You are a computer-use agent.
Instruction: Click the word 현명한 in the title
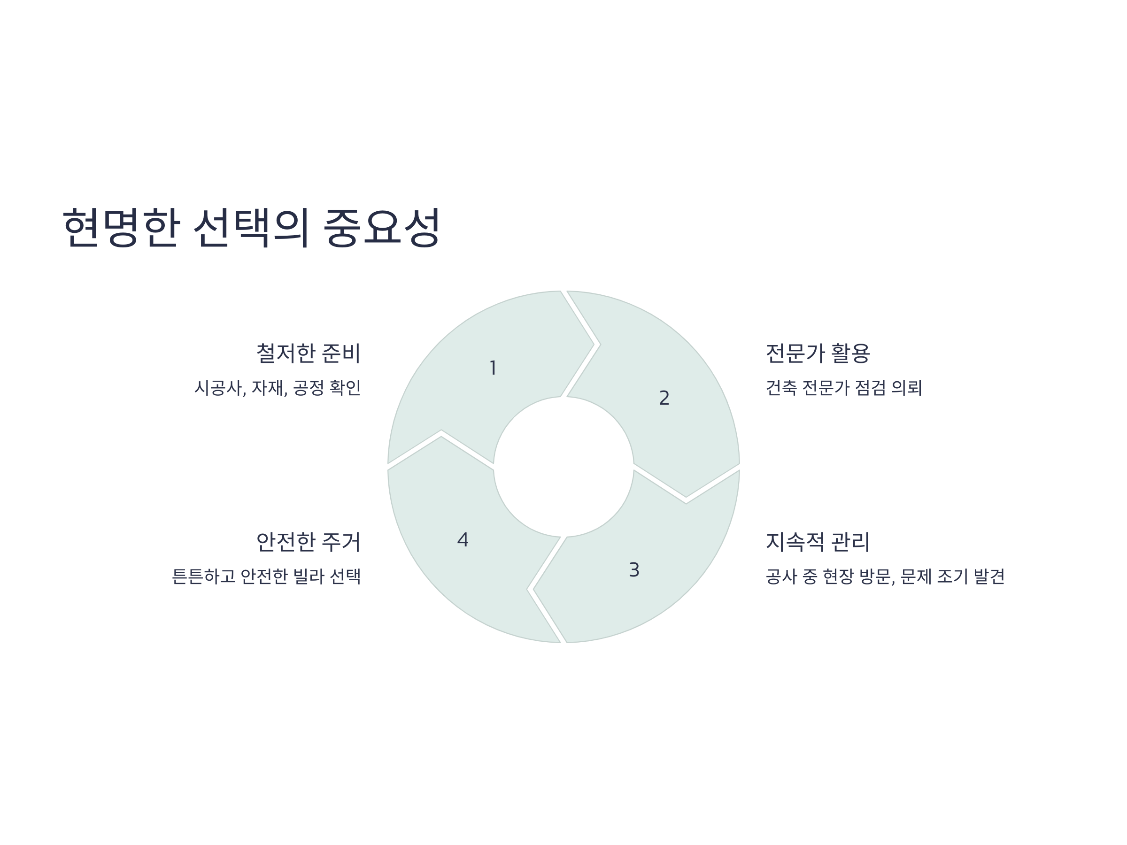pos(121,227)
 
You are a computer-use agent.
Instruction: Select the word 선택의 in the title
pos(251,227)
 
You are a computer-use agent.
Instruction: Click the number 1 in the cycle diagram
pos(493,368)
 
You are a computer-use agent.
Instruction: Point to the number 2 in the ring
pos(664,398)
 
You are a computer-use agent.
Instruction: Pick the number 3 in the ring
pos(634,569)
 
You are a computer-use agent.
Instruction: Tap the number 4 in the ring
pos(463,539)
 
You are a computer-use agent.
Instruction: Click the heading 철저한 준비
pos(308,353)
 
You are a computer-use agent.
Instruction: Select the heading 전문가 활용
pos(818,353)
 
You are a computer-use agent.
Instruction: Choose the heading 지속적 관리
pos(818,541)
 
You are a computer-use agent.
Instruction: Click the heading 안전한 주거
pos(308,541)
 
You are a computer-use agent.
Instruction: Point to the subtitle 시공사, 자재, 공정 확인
pos(277,388)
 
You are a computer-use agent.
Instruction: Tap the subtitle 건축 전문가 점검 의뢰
pos(844,388)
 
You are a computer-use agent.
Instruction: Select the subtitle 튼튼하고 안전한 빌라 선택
pos(266,576)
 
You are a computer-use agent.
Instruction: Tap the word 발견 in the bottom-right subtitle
pos(989,576)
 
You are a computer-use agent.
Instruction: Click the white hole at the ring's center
pos(563,467)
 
